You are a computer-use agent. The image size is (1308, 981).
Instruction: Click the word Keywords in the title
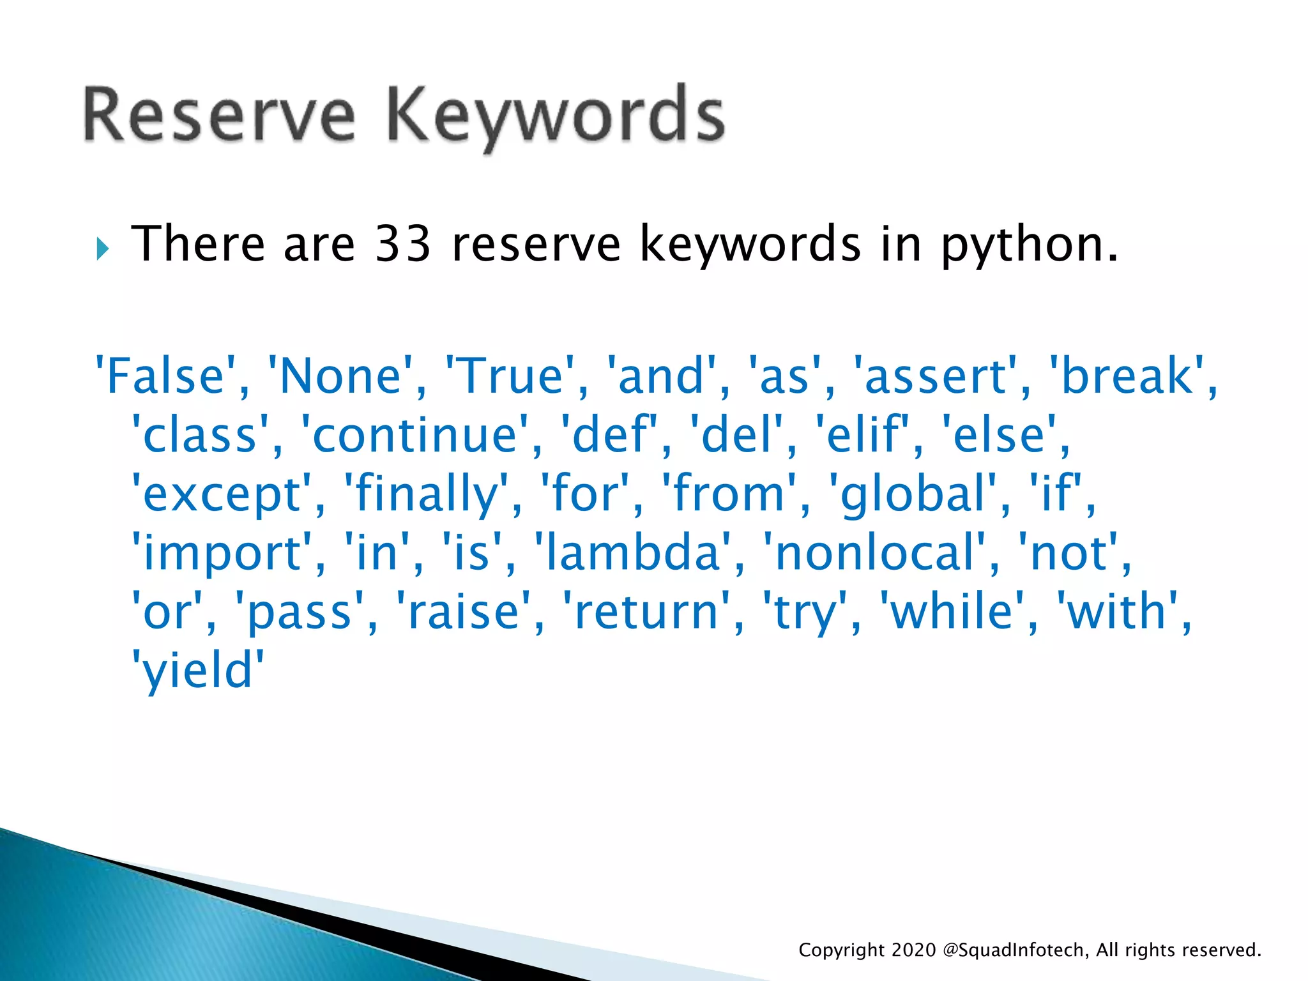(556, 115)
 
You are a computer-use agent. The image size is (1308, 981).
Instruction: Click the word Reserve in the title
(218, 115)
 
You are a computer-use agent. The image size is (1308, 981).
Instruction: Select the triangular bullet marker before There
(103, 248)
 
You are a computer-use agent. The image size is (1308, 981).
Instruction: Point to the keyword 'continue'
(414, 435)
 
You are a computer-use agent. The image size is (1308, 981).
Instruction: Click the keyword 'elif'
(862, 435)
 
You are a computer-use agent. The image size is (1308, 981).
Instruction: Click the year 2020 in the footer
(913, 950)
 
